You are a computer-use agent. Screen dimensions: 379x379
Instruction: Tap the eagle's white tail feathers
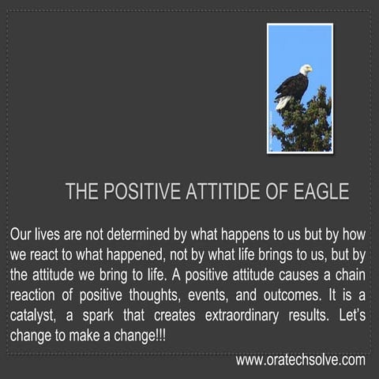(x=283, y=102)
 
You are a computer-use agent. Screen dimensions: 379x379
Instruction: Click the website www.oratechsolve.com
(x=300, y=360)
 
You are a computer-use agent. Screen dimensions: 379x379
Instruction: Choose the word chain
(x=351, y=276)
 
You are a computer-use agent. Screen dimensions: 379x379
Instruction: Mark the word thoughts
(x=176, y=296)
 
